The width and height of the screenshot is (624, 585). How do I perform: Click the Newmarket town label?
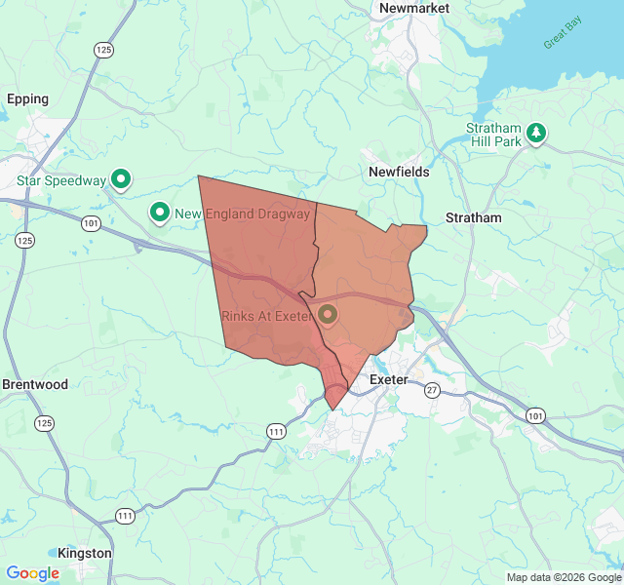[x=414, y=8]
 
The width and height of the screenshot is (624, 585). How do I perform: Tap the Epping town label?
[x=27, y=98]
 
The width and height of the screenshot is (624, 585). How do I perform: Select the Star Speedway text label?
[x=61, y=180]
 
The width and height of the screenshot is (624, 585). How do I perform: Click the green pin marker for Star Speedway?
[x=121, y=178]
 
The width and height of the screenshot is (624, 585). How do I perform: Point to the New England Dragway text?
[x=243, y=214]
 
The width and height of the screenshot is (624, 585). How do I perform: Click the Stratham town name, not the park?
[x=473, y=217]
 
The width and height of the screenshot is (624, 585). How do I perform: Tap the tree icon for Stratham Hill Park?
[x=535, y=134]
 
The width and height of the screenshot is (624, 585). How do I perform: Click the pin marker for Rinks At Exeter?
[x=327, y=314]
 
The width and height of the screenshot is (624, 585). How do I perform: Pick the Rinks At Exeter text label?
[x=265, y=316]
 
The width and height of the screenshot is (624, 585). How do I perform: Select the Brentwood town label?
[x=35, y=384]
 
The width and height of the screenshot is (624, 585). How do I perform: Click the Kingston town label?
[x=85, y=553]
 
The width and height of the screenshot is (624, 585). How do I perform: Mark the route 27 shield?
[x=432, y=390]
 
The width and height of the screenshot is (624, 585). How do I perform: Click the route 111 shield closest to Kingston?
[x=126, y=516]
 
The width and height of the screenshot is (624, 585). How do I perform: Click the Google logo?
[x=33, y=573]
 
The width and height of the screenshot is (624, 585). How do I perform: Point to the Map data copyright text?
[x=564, y=577]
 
